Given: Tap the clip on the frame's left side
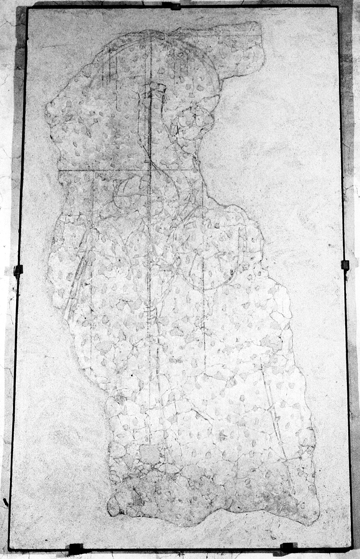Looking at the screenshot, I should pos(18,270).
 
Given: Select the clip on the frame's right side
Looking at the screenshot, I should pos(345,265).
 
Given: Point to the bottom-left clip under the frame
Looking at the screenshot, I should pos(75,548).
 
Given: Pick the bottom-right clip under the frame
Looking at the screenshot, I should pos(288,547).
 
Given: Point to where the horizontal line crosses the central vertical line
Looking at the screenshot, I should pos(150,170).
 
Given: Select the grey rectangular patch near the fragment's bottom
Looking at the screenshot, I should pos(150,454).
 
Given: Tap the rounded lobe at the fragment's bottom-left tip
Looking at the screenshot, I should pos(114,507).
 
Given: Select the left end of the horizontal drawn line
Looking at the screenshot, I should pos(59,170).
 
